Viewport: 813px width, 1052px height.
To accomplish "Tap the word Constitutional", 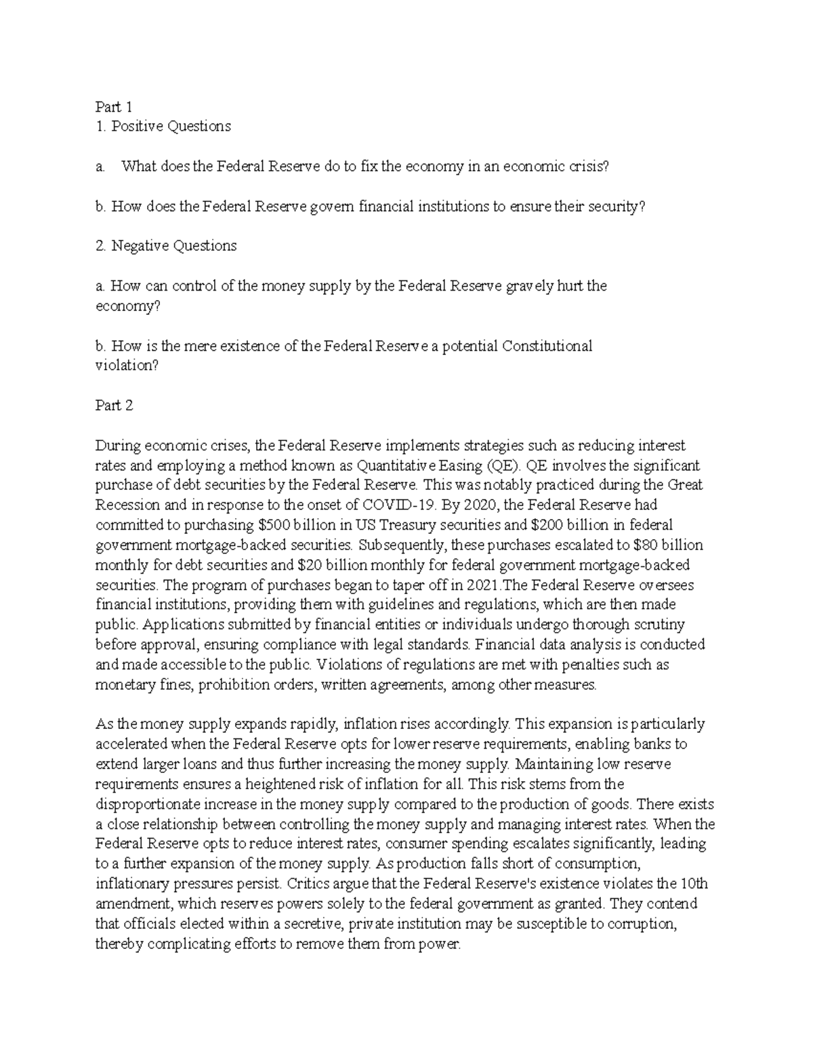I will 547,346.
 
